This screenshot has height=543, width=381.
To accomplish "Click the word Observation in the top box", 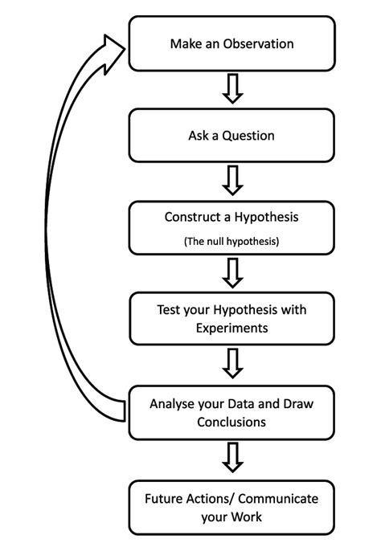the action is point(258,44).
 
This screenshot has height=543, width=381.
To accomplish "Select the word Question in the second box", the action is point(248,136).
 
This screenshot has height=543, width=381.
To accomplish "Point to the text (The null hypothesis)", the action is point(231,241).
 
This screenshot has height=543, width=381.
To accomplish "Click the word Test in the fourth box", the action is point(169,309).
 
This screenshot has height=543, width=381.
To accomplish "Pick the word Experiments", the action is point(231,329).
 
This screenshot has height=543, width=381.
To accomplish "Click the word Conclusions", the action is point(231,423).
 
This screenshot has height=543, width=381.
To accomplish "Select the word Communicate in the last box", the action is point(278,499).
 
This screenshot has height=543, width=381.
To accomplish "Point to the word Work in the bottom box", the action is point(247,517).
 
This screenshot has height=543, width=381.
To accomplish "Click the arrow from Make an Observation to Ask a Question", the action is point(232,88).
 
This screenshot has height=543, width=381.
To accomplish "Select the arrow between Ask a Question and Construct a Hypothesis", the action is point(232,181).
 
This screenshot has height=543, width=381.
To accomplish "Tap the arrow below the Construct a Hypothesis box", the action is point(232,273).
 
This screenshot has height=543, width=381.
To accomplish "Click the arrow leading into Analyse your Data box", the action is point(232,363).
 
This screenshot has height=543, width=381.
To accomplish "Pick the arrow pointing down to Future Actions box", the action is point(232,457).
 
